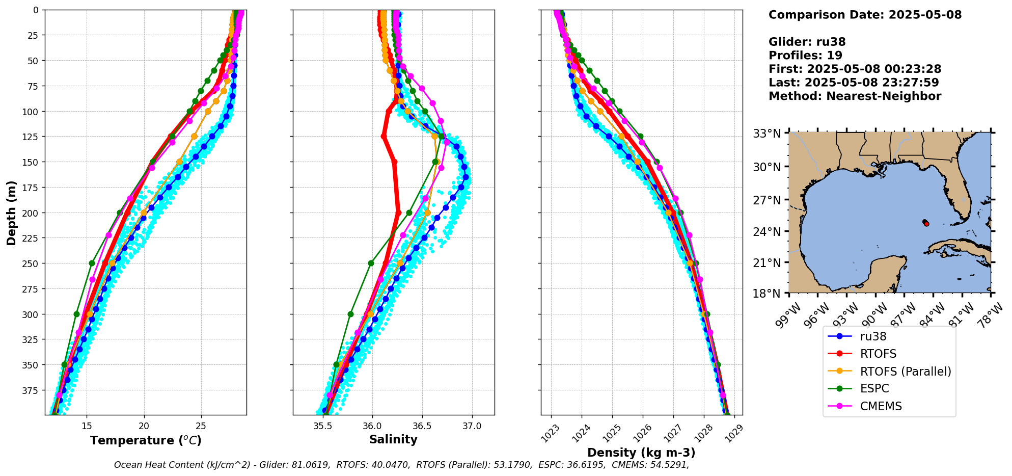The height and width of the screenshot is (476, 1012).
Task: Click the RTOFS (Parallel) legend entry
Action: point(905,372)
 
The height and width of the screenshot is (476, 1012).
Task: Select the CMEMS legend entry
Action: point(881,406)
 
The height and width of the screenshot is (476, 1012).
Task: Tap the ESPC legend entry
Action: point(874,388)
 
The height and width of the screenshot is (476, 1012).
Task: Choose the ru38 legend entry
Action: point(873,336)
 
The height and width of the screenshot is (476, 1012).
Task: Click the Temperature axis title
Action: point(146,440)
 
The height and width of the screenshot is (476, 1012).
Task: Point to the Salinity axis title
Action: point(393,439)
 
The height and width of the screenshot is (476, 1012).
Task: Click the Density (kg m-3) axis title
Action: point(641,453)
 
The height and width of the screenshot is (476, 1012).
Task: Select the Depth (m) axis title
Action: point(11,213)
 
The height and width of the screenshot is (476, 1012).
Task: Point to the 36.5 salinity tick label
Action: point(422,426)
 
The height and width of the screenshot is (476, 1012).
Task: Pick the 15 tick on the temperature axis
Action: point(86,426)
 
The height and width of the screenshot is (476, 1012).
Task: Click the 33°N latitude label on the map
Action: point(767,134)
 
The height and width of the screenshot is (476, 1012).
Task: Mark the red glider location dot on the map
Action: point(926,224)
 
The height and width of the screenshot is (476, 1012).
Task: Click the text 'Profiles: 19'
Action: point(805,56)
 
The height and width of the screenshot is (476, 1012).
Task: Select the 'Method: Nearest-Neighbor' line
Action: point(854,96)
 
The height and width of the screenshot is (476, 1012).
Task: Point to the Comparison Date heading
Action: point(864,15)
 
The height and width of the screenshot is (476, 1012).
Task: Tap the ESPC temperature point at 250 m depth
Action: point(92,263)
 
